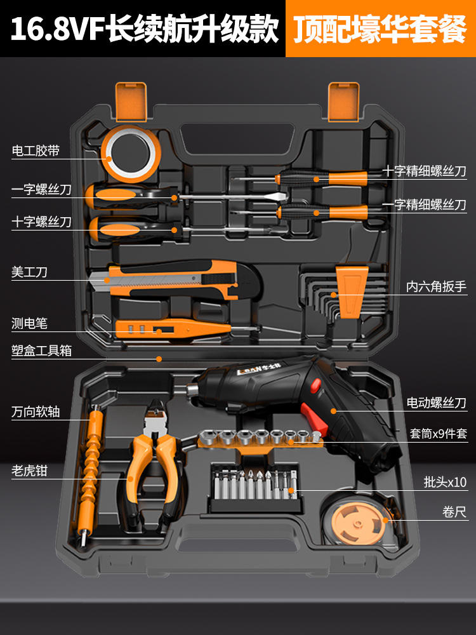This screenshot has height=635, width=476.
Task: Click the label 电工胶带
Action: [36, 151]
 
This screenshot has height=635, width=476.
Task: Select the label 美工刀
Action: [30, 272]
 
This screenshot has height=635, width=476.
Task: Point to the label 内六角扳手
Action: [436, 287]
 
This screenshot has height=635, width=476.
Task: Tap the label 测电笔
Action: [30, 323]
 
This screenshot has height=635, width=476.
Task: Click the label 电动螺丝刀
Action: [436, 403]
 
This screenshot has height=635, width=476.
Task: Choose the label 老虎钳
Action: [30, 471]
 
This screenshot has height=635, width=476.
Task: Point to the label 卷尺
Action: [454, 512]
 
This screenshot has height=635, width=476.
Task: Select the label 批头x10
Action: [445, 482]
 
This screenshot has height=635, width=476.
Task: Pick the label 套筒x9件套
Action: [438, 434]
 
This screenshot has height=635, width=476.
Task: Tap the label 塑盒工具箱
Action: [42, 351]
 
